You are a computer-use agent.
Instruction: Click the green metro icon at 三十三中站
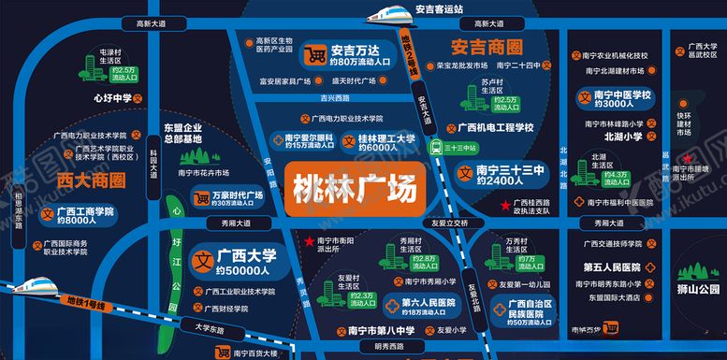436,147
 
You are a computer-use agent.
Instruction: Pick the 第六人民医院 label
428,303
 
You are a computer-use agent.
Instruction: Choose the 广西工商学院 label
84,212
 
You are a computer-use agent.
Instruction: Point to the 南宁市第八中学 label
378,329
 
